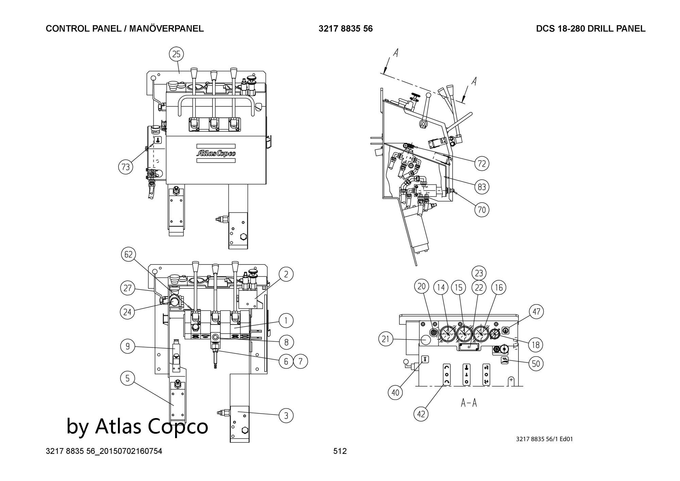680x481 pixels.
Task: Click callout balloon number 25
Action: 176,54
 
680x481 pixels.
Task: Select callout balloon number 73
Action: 126,167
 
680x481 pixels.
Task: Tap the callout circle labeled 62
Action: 129,255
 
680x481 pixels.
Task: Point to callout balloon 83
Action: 482,187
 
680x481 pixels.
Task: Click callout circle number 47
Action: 536,312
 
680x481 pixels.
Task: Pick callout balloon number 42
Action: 421,414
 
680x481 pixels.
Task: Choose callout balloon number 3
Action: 286,415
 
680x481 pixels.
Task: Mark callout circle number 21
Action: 386,339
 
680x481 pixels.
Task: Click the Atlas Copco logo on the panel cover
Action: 216,153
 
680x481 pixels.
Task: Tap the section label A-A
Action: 469,403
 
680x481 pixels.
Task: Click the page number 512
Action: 340,451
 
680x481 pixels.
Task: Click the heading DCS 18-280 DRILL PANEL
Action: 591,29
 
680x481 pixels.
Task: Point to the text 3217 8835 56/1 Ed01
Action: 544,439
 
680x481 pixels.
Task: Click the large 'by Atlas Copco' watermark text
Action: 137,426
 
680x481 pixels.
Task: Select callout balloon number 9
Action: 128,347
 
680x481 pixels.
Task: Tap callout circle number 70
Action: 482,210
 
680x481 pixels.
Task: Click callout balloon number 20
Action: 421,286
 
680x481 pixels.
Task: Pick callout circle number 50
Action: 535,364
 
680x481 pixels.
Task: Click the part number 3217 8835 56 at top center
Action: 345,29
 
